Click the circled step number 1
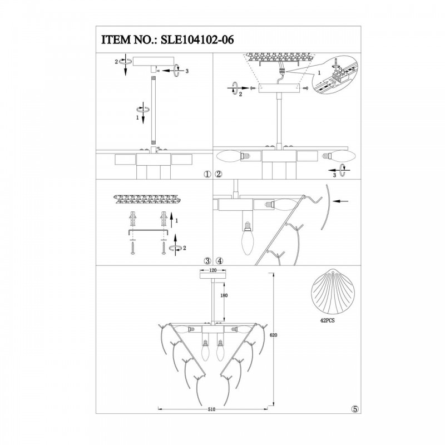pos(207,174)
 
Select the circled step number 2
pos(219,174)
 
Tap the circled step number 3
pos(207,260)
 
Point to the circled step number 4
pos(219,260)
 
